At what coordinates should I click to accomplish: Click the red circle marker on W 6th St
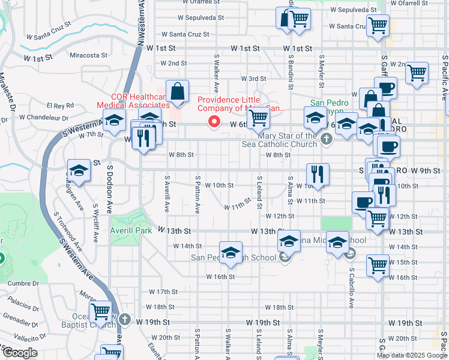point(213,122)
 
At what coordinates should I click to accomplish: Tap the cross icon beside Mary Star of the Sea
point(326,140)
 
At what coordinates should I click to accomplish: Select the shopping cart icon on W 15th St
point(378,265)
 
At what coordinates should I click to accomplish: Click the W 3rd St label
point(253,79)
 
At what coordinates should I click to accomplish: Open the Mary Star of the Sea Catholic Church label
point(279,140)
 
